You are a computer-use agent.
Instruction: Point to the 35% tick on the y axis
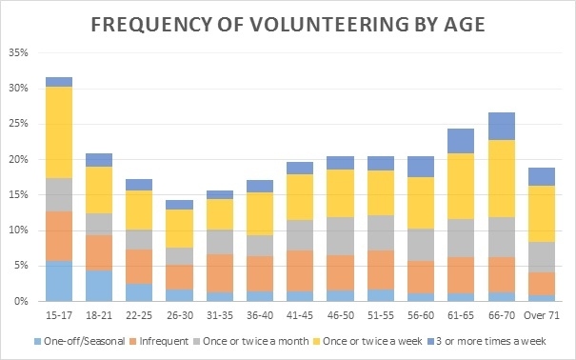click(x=18, y=52)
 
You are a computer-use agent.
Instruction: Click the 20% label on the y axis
click(x=18, y=159)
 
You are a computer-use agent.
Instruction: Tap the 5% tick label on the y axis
click(x=21, y=266)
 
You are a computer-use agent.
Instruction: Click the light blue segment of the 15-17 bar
click(x=59, y=281)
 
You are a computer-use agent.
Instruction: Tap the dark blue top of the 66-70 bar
click(x=502, y=127)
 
